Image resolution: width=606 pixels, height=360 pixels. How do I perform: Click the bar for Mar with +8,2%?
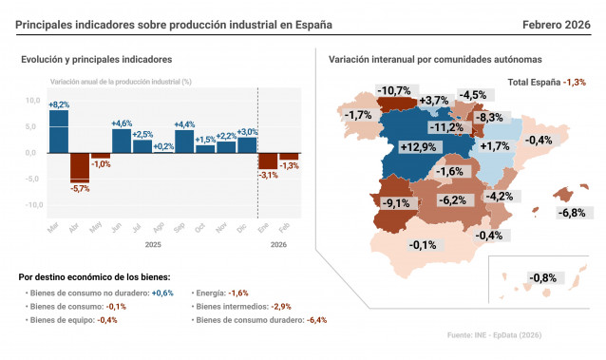tap(59, 131)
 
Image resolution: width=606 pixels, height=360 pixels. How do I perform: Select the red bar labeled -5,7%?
tap(80, 166)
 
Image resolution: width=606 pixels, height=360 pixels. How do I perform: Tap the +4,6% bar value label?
tap(122, 123)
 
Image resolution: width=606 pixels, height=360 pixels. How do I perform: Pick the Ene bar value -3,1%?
tap(268, 175)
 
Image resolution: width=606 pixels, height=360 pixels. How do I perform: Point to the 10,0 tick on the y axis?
tap(32, 100)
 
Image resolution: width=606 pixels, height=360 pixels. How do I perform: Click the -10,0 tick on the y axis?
tap(31, 204)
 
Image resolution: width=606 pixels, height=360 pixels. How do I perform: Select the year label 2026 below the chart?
tap(278, 243)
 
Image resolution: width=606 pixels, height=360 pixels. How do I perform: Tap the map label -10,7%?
tap(393, 91)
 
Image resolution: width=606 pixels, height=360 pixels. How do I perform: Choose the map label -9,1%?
tap(394, 202)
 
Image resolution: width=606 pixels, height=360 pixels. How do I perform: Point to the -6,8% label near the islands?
tap(572, 212)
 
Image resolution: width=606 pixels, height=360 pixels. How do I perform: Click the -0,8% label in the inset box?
tap(543, 277)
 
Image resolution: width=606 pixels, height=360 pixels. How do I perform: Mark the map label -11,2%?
tap(445, 127)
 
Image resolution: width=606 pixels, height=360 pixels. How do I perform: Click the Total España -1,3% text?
tap(547, 83)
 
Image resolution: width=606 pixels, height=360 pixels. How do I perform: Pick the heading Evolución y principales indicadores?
tap(97, 60)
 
